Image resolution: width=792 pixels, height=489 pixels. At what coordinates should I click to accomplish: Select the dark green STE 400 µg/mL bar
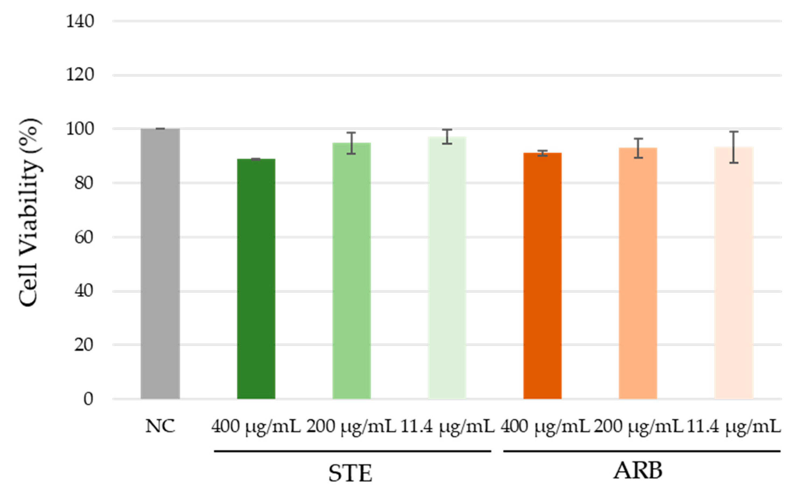click(256, 278)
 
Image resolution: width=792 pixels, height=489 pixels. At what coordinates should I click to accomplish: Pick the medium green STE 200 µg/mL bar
click(351, 270)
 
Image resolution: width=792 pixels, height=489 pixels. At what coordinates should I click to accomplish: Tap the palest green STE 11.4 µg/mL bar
click(447, 267)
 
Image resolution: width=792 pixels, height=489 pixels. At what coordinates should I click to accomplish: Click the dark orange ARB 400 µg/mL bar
click(542, 275)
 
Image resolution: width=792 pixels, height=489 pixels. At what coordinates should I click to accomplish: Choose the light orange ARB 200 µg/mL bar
click(638, 273)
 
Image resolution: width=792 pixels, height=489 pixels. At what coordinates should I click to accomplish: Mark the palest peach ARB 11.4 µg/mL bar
click(734, 273)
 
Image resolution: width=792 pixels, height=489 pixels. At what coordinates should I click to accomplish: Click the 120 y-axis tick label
click(80, 75)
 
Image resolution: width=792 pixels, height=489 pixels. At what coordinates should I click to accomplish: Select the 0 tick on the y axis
click(88, 399)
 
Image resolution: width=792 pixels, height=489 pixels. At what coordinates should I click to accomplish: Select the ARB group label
click(637, 471)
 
